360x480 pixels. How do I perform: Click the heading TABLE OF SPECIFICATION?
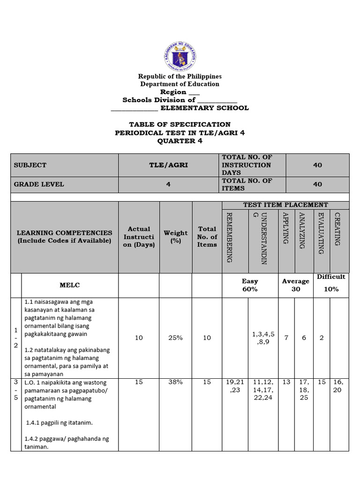(x=180, y=124)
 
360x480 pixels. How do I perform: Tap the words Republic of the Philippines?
(x=180, y=76)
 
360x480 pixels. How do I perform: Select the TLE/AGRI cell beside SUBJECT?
(x=169, y=165)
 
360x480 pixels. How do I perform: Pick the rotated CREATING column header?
(x=337, y=229)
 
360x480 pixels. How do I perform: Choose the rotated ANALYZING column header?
(x=302, y=230)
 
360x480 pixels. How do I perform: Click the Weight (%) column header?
(x=176, y=237)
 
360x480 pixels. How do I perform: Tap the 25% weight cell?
(x=176, y=337)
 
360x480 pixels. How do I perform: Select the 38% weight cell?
(x=176, y=382)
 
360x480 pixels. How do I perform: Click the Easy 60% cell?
(x=250, y=285)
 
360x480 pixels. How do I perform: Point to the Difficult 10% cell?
(x=331, y=283)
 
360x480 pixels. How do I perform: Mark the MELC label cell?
(x=70, y=285)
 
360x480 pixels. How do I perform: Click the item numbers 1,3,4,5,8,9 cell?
(x=263, y=338)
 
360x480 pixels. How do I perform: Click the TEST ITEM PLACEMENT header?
(x=285, y=205)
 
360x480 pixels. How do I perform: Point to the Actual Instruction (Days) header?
(x=139, y=237)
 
